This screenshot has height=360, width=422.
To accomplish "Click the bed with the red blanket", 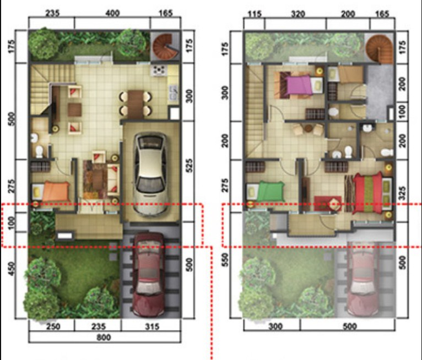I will tap(367, 193).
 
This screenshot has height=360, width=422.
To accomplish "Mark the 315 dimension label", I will tap(152, 327).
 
